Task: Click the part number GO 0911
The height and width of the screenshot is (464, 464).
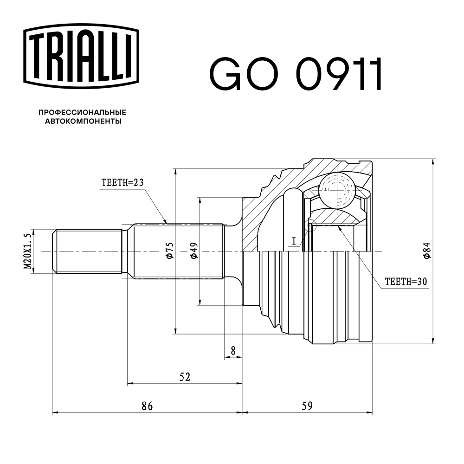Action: tap(296, 74)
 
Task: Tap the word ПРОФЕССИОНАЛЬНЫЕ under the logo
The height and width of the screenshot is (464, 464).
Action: tap(82, 112)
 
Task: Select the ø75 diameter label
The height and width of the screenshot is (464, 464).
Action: tap(169, 251)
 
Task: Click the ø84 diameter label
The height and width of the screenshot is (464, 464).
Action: tap(426, 251)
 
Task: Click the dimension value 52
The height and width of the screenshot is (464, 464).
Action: tap(184, 377)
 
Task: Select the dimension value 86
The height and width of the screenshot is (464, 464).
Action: tap(147, 406)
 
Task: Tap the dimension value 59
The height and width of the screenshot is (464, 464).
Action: tap(307, 406)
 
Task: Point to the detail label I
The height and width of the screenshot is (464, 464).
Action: tap(294, 240)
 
